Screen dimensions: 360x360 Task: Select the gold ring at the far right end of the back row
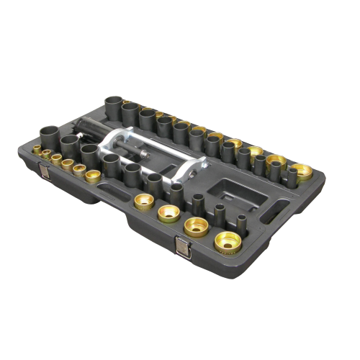[x=302, y=172]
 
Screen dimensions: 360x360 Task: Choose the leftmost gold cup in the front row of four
[x=143, y=202]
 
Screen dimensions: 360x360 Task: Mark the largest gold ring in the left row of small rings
[x=92, y=175]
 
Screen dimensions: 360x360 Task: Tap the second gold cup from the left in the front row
[x=169, y=213]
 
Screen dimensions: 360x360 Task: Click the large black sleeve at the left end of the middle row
[x=51, y=134]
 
